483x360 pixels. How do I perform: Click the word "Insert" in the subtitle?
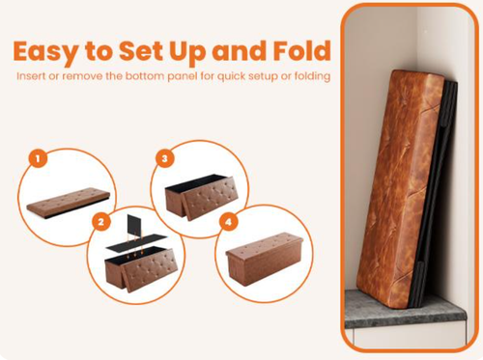pyautogui.click(x=33, y=76)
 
